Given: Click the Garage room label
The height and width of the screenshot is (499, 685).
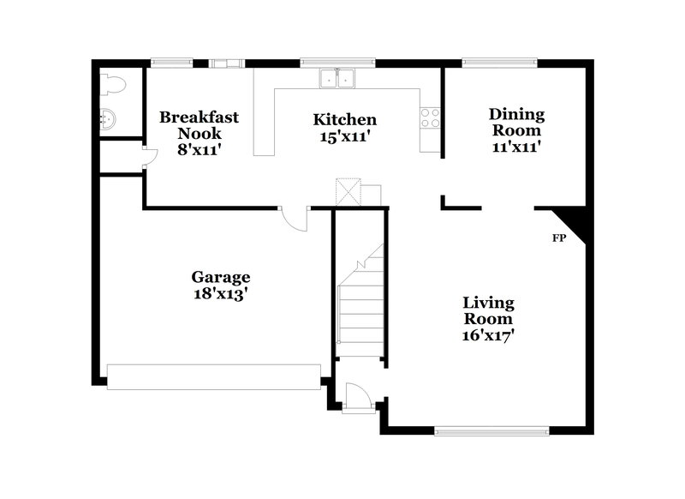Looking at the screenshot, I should click(220, 277).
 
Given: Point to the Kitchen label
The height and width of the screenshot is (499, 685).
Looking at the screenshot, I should click(344, 120).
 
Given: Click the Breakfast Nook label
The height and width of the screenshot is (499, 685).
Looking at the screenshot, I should click(199, 125).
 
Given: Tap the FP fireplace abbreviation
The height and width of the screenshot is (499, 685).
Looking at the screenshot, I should click(558, 237).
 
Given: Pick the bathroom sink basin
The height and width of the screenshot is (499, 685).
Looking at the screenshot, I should click(108, 118).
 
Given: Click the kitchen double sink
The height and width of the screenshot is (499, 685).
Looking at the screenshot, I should click(338, 79).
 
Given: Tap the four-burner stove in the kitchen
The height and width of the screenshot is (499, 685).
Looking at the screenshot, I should click(430, 117).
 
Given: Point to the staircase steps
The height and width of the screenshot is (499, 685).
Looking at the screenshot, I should click(360, 304).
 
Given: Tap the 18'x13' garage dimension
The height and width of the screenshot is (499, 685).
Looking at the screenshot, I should click(220, 292).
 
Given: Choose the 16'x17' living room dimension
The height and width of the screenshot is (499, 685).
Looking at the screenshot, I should click(488, 334).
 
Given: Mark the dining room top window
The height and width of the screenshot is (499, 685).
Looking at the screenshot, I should click(499, 62).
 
